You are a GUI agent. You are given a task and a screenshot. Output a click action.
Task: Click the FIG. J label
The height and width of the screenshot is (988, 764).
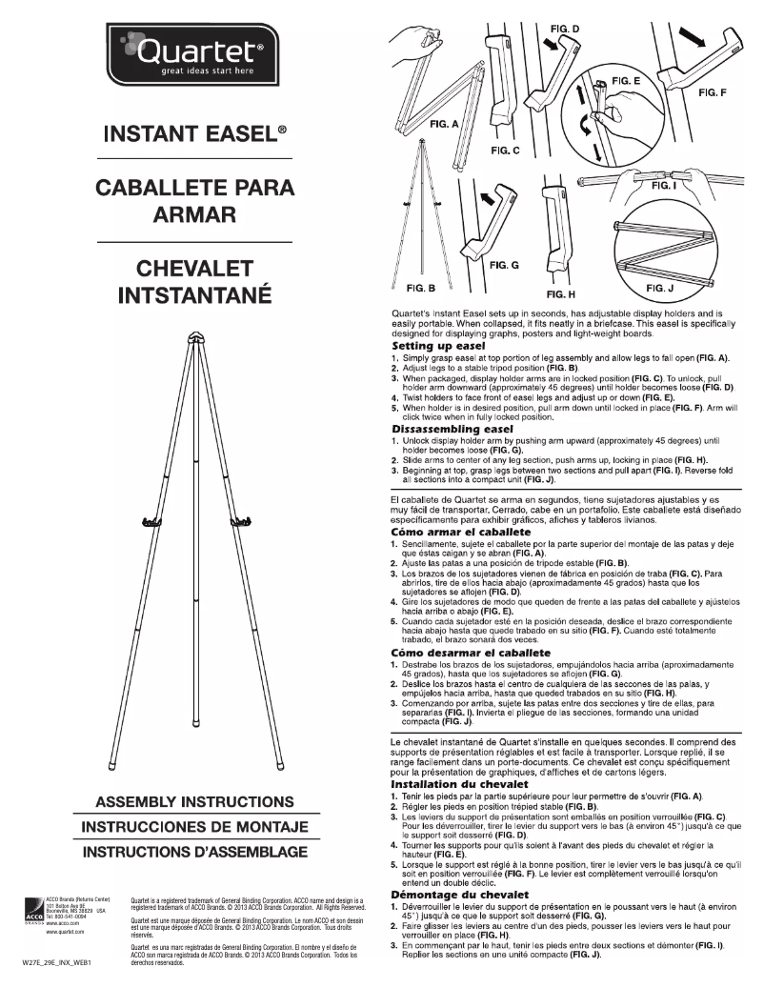click(x=663, y=287)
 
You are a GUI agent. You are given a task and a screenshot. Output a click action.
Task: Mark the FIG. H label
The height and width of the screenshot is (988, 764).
click(x=562, y=294)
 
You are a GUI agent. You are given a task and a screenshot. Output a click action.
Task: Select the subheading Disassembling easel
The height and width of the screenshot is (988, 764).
click(x=452, y=430)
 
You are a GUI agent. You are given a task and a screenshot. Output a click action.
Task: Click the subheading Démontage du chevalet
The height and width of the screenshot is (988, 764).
click(x=460, y=895)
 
